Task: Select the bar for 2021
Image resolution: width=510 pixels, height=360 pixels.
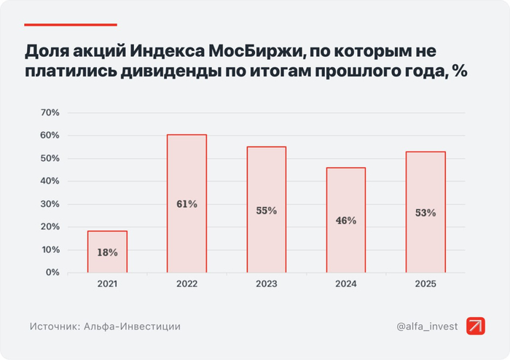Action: point(107,251)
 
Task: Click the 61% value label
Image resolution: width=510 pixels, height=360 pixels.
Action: point(187,204)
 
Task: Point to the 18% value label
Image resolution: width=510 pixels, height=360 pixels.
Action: point(107,252)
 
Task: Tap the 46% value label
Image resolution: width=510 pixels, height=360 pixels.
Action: point(346,220)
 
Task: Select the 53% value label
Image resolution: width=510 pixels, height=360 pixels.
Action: point(425,213)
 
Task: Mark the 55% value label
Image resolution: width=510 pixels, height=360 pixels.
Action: point(266,211)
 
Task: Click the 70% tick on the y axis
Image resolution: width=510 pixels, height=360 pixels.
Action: point(50,113)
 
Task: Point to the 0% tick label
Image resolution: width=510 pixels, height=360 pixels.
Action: point(52,273)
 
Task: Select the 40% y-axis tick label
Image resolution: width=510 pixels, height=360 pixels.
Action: point(50,181)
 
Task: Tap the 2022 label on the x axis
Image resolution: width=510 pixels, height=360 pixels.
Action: point(187,284)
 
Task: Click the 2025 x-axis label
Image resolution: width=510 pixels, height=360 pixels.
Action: point(425,284)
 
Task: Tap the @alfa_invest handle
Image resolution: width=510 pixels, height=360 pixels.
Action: point(428,326)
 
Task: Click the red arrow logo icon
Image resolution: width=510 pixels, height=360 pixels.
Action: point(476,326)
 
